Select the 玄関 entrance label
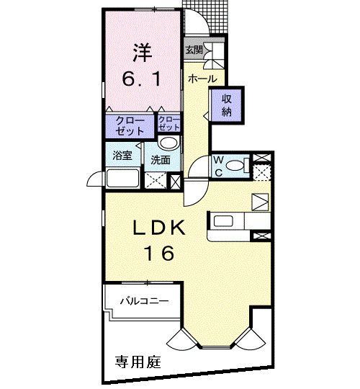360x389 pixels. tap(193, 50)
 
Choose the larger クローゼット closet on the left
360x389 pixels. tap(130, 126)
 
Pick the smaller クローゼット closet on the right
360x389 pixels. tap(168, 126)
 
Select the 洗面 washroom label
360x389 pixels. tap(161, 160)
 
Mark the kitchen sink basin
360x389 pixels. tap(223, 220)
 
